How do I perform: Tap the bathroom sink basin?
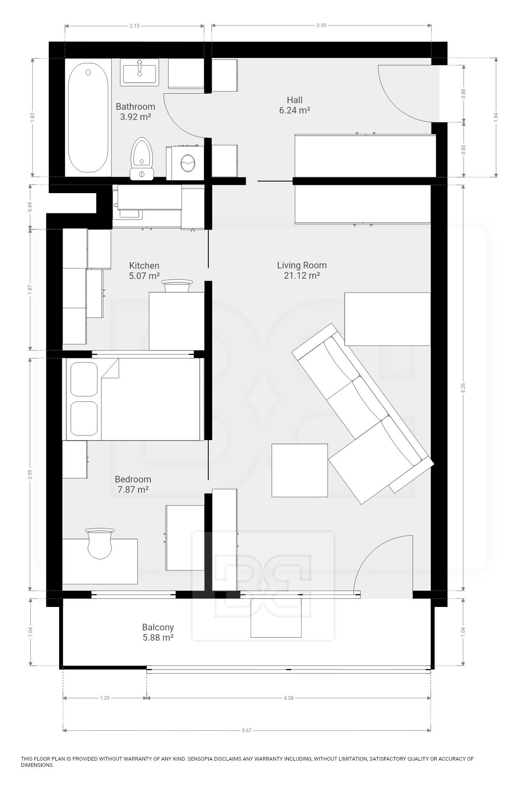(x=139, y=73)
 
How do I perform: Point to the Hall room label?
(x=294, y=100)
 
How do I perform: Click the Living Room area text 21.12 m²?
(x=302, y=276)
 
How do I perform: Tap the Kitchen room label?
(x=144, y=265)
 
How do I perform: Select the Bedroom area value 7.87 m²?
(x=133, y=490)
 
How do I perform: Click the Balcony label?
(x=158, y=627)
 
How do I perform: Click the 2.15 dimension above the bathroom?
(x=134, y=26)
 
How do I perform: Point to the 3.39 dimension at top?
(x=321, y=26)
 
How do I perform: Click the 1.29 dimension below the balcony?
(x=104, y=698)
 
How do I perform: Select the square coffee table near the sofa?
(x=300, y=470)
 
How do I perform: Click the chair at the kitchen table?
(x=177, y=285)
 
